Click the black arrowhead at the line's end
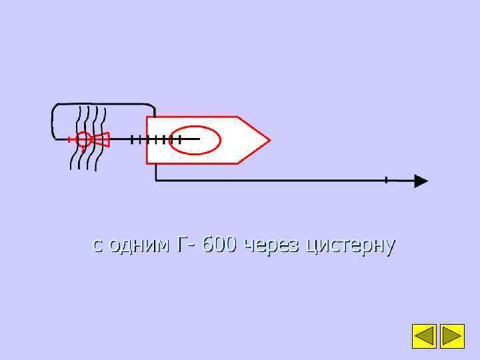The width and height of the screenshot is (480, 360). pos(421,181)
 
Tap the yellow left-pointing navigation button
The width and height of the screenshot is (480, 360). pos(424,336)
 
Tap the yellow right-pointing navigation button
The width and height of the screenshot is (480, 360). pos(453,336)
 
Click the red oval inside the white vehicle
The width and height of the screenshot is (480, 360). pos(195,140)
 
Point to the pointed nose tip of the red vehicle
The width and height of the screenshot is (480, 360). pos(269,140)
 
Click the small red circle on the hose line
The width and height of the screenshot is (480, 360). pos(83,139)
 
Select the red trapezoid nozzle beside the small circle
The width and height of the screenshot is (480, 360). pos(101,139)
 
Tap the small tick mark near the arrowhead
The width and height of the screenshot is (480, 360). pos(386,180)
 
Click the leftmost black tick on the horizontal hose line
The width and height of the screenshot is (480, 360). pos(133,139)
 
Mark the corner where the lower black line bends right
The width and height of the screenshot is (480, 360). pos(156,180)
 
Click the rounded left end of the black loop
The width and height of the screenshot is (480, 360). pos(53,122)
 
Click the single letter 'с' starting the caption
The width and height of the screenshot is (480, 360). pos(97,245)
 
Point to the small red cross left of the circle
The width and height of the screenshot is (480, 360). pos(69,139)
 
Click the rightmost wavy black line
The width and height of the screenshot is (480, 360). pos(102,137)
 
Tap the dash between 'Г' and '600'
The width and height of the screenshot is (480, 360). pos(193,246)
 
